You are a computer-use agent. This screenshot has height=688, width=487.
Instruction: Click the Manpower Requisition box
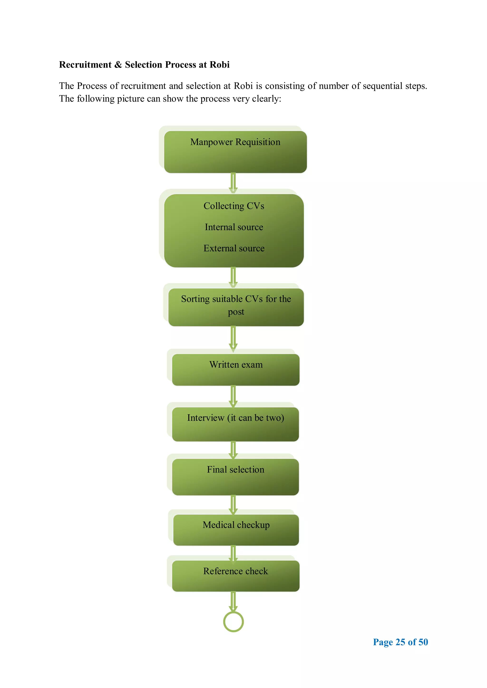pos(235,152)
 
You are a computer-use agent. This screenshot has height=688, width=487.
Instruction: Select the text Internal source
pos(234,227)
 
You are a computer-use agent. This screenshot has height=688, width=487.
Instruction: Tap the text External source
pos(234,248)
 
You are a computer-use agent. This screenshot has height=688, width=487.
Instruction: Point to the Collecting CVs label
pos(234,206)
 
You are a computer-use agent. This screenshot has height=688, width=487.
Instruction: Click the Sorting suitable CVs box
pos(236,307)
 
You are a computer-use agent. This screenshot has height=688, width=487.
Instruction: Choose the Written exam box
pos(236,370)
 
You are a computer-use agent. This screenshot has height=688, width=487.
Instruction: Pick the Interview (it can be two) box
pos(235,424)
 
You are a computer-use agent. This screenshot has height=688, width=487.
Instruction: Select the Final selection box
pos(235,477)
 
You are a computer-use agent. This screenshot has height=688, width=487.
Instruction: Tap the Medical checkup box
pos(236,530)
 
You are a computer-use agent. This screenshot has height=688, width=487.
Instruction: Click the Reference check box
pos(236,576)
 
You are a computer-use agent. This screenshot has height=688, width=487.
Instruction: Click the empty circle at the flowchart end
pos(233,622)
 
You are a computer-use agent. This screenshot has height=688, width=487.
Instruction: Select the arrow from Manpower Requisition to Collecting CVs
pos(233,183)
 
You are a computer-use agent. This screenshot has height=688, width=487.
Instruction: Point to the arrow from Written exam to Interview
pos(233,396)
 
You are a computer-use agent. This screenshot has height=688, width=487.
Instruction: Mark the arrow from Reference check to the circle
pos(233,601)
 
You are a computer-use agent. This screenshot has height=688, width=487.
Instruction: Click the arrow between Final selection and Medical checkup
pos(233,505)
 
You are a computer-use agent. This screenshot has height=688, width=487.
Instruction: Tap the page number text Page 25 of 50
pos(400,642)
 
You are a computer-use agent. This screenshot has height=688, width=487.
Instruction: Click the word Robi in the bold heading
pos(219,65)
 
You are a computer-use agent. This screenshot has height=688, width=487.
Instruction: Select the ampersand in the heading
pos(118,65)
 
